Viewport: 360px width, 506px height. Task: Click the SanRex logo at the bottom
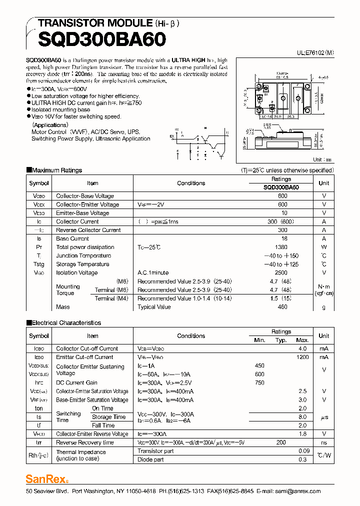click(46, 478)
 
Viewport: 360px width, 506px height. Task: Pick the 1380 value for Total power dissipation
click(281, 247)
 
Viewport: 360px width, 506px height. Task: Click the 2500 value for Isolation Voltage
click(281, 273)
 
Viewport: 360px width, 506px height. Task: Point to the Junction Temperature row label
click(83, 256)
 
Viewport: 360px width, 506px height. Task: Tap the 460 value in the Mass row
click(282, 307)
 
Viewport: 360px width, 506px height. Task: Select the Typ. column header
click(281, 340)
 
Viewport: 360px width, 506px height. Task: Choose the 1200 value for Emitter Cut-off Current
click(302, 357)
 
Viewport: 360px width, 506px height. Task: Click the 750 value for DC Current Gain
click(259, 383)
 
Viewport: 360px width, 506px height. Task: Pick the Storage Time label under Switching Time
click(108, 417)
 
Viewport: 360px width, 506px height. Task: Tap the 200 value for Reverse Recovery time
click(281, 442)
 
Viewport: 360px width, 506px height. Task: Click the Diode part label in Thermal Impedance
click(150, 459)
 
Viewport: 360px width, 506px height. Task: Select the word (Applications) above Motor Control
click(50, 125)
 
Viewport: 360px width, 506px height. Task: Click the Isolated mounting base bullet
click(61, 110)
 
